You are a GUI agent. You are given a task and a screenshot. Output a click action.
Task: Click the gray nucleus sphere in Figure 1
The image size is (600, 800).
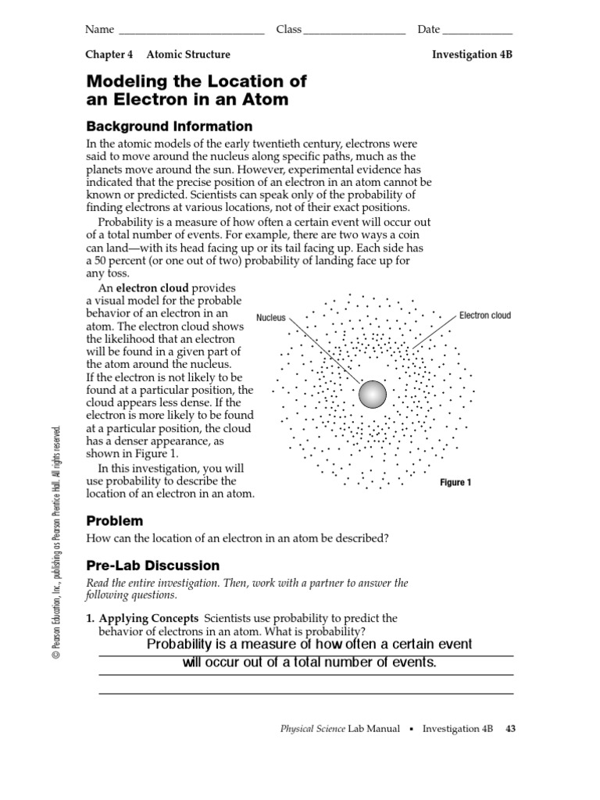pos(373,394)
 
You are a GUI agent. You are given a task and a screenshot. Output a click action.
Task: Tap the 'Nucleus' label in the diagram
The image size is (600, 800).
pos(271,318)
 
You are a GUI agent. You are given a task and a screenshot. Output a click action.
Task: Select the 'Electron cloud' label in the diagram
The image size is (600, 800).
pos(484,316)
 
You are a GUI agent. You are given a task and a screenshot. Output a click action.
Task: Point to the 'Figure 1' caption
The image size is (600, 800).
pos(455,483)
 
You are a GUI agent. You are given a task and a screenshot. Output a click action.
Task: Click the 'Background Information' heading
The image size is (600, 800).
pos(169,127)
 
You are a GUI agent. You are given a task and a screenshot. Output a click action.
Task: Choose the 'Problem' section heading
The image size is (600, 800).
pos(114,520)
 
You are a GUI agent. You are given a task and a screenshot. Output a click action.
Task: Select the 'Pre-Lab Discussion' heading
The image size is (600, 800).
pos(152,566)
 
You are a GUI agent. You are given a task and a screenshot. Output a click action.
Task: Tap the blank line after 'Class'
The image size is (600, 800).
pos(354,31)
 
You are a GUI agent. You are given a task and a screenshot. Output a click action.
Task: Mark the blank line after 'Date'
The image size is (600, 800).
pos(477,31)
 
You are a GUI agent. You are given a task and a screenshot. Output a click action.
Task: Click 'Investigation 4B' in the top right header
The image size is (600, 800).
pos(472,55)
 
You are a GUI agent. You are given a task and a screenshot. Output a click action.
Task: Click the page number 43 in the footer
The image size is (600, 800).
pos(511,729)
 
